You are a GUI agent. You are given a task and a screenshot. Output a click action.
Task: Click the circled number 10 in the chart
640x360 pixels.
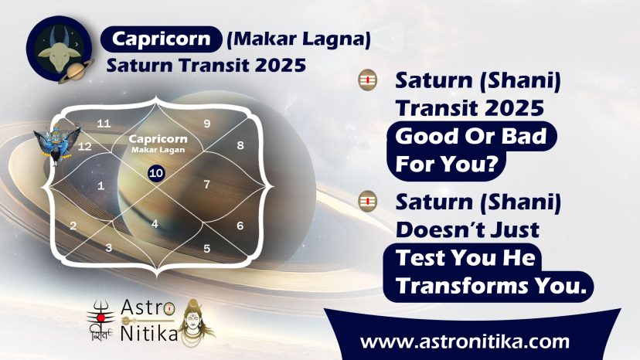tap(156, 173)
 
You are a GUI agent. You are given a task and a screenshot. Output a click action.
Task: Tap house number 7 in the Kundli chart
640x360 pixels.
tap(207, 185)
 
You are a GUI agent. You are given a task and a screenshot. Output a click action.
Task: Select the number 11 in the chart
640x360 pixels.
tap(104, 124)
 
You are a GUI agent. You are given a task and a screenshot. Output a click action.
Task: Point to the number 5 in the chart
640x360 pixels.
tap(207, 248)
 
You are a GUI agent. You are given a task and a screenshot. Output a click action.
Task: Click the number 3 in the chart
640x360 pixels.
tap(108, 247)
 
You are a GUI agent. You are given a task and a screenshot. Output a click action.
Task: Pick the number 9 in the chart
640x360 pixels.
tap(207, 124)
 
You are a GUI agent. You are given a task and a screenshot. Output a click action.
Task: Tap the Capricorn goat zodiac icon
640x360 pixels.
tap(60, 48)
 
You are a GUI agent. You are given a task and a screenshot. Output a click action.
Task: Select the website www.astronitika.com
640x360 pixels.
tap(465, 341)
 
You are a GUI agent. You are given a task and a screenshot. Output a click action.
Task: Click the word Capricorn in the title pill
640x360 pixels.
tap(162, 39)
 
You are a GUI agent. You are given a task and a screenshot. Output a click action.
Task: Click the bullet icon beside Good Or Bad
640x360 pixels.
tap(367, 80)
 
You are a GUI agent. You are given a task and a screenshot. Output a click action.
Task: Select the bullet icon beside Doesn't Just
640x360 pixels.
tap(367, 201)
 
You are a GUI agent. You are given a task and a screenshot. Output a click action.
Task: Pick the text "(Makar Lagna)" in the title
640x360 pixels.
tap(298, 39)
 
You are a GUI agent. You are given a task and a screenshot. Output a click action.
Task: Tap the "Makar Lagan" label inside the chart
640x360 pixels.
tap(158, 150)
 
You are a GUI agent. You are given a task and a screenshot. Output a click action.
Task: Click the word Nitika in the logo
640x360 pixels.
tap(149, 334)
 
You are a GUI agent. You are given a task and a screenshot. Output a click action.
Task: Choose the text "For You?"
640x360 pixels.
tap(447, 164)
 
